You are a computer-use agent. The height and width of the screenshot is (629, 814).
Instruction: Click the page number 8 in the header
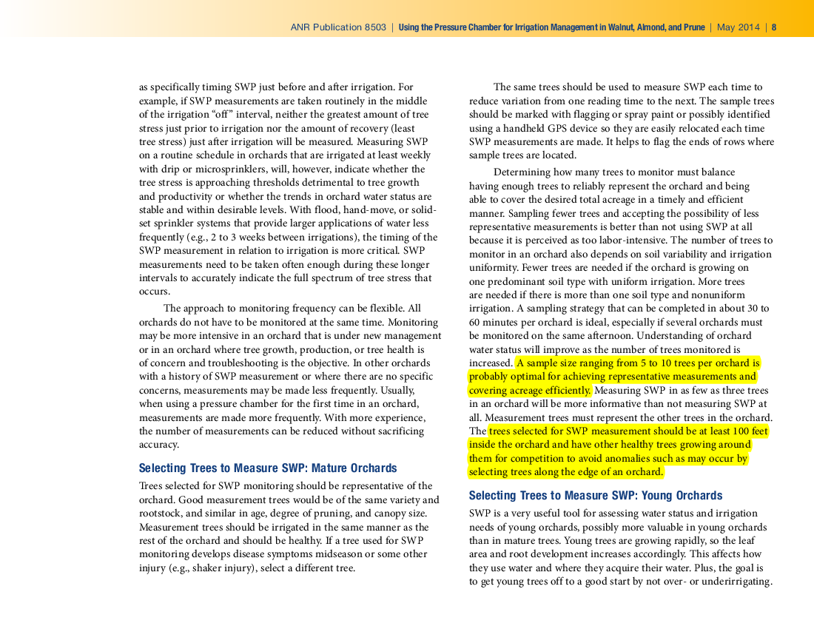coord(774,27)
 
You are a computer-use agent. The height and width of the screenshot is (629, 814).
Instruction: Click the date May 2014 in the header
coord(739,27)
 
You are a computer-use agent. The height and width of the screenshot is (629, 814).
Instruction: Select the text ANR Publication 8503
coord(338,27)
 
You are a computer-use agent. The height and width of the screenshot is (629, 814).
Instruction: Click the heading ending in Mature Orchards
coord(268,468)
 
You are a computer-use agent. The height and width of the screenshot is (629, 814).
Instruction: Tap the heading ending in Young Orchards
coord(596,496)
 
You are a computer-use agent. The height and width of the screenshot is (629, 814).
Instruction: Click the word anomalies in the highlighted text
coord(650,459)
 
